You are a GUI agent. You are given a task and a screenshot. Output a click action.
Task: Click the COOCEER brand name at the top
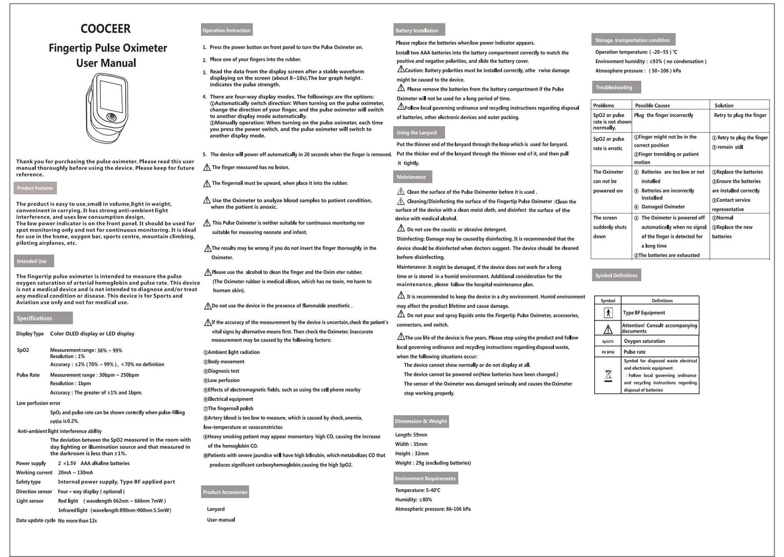pyautogui.click(x=105, y=29)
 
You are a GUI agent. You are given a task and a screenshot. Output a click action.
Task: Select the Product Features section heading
pyautogui.click(x=35, y=188)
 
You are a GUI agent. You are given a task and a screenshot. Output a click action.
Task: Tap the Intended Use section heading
pyautogui.click(x=32, y=261)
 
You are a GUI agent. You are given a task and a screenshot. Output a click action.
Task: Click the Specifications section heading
pyautogui.click(x=35, y=318)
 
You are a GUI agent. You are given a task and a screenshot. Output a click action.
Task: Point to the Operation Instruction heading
pyautogui.click(x=226, y=30)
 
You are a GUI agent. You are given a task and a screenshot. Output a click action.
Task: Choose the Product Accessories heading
pyautogui.click(x=225, y=492)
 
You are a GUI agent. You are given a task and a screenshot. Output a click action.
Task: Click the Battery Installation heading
pyautogui.click(x=417, y=30)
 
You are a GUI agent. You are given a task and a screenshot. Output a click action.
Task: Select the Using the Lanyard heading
pyautogui.click(x=417, y=133)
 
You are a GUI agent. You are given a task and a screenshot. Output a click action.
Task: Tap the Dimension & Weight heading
pyautogui.click(x=421, y=421)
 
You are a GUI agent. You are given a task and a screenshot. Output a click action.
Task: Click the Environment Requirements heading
pyautogui.click(x=426, y=479)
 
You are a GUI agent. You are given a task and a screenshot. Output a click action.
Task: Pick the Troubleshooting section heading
pyautogui.click(x=614, y=87)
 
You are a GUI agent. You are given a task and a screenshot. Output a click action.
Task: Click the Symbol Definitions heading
pyautogui.click(x=617, y=276)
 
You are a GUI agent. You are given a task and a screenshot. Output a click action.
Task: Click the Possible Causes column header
pyautogui.click(x=652, y=105)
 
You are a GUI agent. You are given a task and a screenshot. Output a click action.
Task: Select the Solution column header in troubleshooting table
pyautogui.click(x=724, y=105)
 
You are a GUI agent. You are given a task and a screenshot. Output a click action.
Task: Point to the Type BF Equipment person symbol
pyautogui.click(x=608, y=313)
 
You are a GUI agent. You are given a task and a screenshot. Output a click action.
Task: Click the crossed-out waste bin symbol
pyautogui.click(x=608, y=375)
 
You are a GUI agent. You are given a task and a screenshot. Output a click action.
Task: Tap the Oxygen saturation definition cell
pyautogui.click(x=645, y=341)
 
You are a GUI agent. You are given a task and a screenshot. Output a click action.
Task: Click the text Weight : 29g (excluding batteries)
pyautogui.click(x=433, y=463)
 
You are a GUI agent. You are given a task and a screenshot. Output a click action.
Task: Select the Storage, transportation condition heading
pyautogui.click(x=632, y=40)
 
